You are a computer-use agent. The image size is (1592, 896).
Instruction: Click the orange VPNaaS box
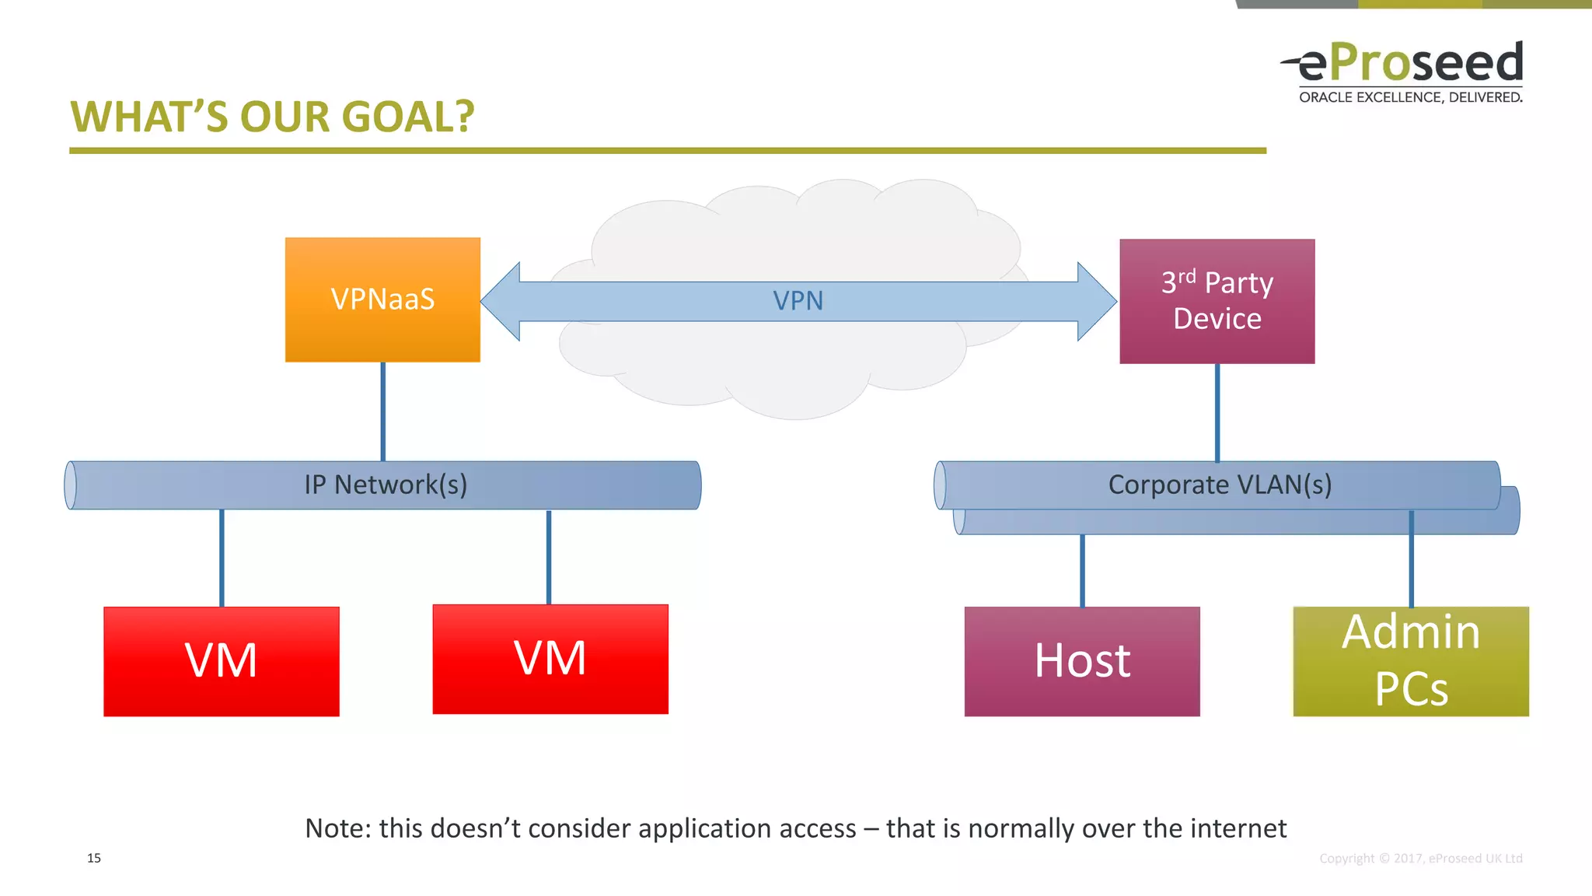click(x=382, y=299)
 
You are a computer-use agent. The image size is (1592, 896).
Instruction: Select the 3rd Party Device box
click(x=1217, y=301)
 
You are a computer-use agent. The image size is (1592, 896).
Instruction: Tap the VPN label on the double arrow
click(x=798, y=301)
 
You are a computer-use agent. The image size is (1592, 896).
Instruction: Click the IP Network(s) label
click(x=386, y=485)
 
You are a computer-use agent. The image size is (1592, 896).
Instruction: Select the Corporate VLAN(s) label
click(x=1220, y=485)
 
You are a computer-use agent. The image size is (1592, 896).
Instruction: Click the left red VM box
click(x=222, y=661)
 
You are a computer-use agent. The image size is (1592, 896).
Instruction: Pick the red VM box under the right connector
click(x=550, y=659)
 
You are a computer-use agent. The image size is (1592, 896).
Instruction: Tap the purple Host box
click(x=1082, y=661)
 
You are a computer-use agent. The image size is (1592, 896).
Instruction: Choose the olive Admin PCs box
click(x=1411, y=661)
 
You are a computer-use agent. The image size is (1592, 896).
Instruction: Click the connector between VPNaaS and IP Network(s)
click(x=382, y=411)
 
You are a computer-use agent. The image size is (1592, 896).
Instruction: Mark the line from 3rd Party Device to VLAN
click(x=1217, y=412)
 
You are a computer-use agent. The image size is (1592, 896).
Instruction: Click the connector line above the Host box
click(x=1082, y=570)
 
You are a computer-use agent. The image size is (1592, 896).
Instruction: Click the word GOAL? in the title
click(x=407, y=117)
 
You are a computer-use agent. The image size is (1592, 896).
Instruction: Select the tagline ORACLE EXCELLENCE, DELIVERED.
click(x=1410, y=97)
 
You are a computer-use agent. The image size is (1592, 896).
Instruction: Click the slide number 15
click(x=94, y=858)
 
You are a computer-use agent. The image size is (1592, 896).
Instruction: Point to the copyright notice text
click(x=1420, y=858)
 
